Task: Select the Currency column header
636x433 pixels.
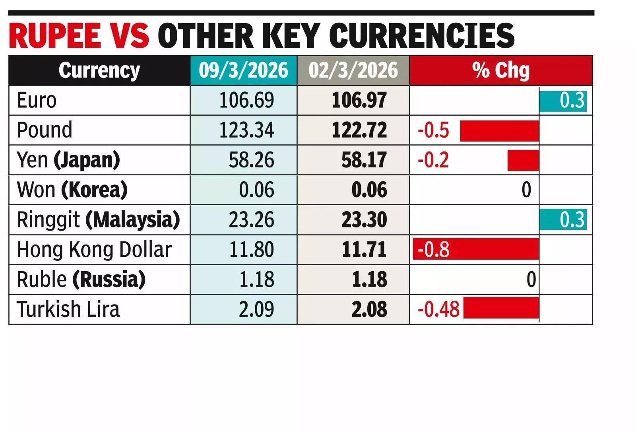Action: tap(99, 71)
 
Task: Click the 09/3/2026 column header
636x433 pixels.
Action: tap(243, 71)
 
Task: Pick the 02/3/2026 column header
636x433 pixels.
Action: tap(353, 71)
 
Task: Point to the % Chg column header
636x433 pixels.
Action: tap(501, 71)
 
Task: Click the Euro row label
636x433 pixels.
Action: tap(37, 100)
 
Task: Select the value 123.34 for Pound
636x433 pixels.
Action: tap(246, 130)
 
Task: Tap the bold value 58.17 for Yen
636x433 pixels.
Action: tap(364, 160)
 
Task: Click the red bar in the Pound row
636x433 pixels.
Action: tap(499, 131)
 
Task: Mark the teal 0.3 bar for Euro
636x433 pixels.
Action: tap(563, 101)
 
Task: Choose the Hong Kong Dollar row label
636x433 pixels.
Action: tap(94, 250)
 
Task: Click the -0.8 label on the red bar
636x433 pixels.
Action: tap(434, 250)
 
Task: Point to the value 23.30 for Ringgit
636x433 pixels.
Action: tap(364, 220)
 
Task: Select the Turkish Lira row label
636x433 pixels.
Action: tap(68, 309)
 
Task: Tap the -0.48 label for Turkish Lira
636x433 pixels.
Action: tap(438, 309)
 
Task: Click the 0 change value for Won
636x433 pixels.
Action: tap(526, 190)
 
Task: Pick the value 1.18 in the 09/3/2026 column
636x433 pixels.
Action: tap(256, 280)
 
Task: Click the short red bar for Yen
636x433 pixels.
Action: tap(523, 160)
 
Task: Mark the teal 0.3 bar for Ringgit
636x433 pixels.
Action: tap(563, 220)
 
